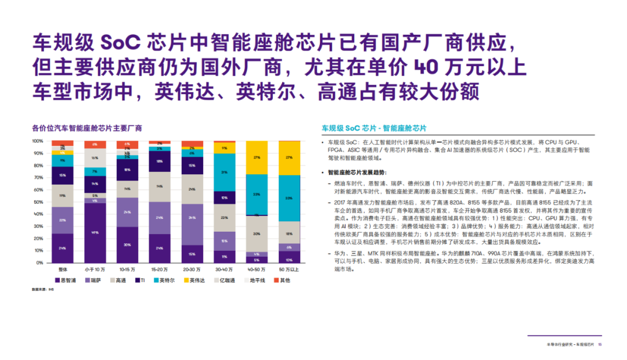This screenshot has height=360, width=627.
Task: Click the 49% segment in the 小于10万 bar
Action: [94, 233]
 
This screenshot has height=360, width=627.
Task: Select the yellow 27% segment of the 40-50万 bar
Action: [257, 157]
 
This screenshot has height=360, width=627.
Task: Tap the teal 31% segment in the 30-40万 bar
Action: [224, 172]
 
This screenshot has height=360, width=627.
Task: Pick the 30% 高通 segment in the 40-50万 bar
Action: [257, 233]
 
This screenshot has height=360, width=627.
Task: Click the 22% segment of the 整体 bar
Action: [62, 220]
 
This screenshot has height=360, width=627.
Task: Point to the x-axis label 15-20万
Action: [159, 270]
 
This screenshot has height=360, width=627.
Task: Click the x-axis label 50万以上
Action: [289, 270]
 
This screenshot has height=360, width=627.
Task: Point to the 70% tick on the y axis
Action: [38, 178]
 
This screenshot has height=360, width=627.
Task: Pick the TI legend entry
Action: [140, 280]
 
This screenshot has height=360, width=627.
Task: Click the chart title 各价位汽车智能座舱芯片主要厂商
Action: [87, 128]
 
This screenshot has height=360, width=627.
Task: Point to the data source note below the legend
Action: [42, 289]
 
